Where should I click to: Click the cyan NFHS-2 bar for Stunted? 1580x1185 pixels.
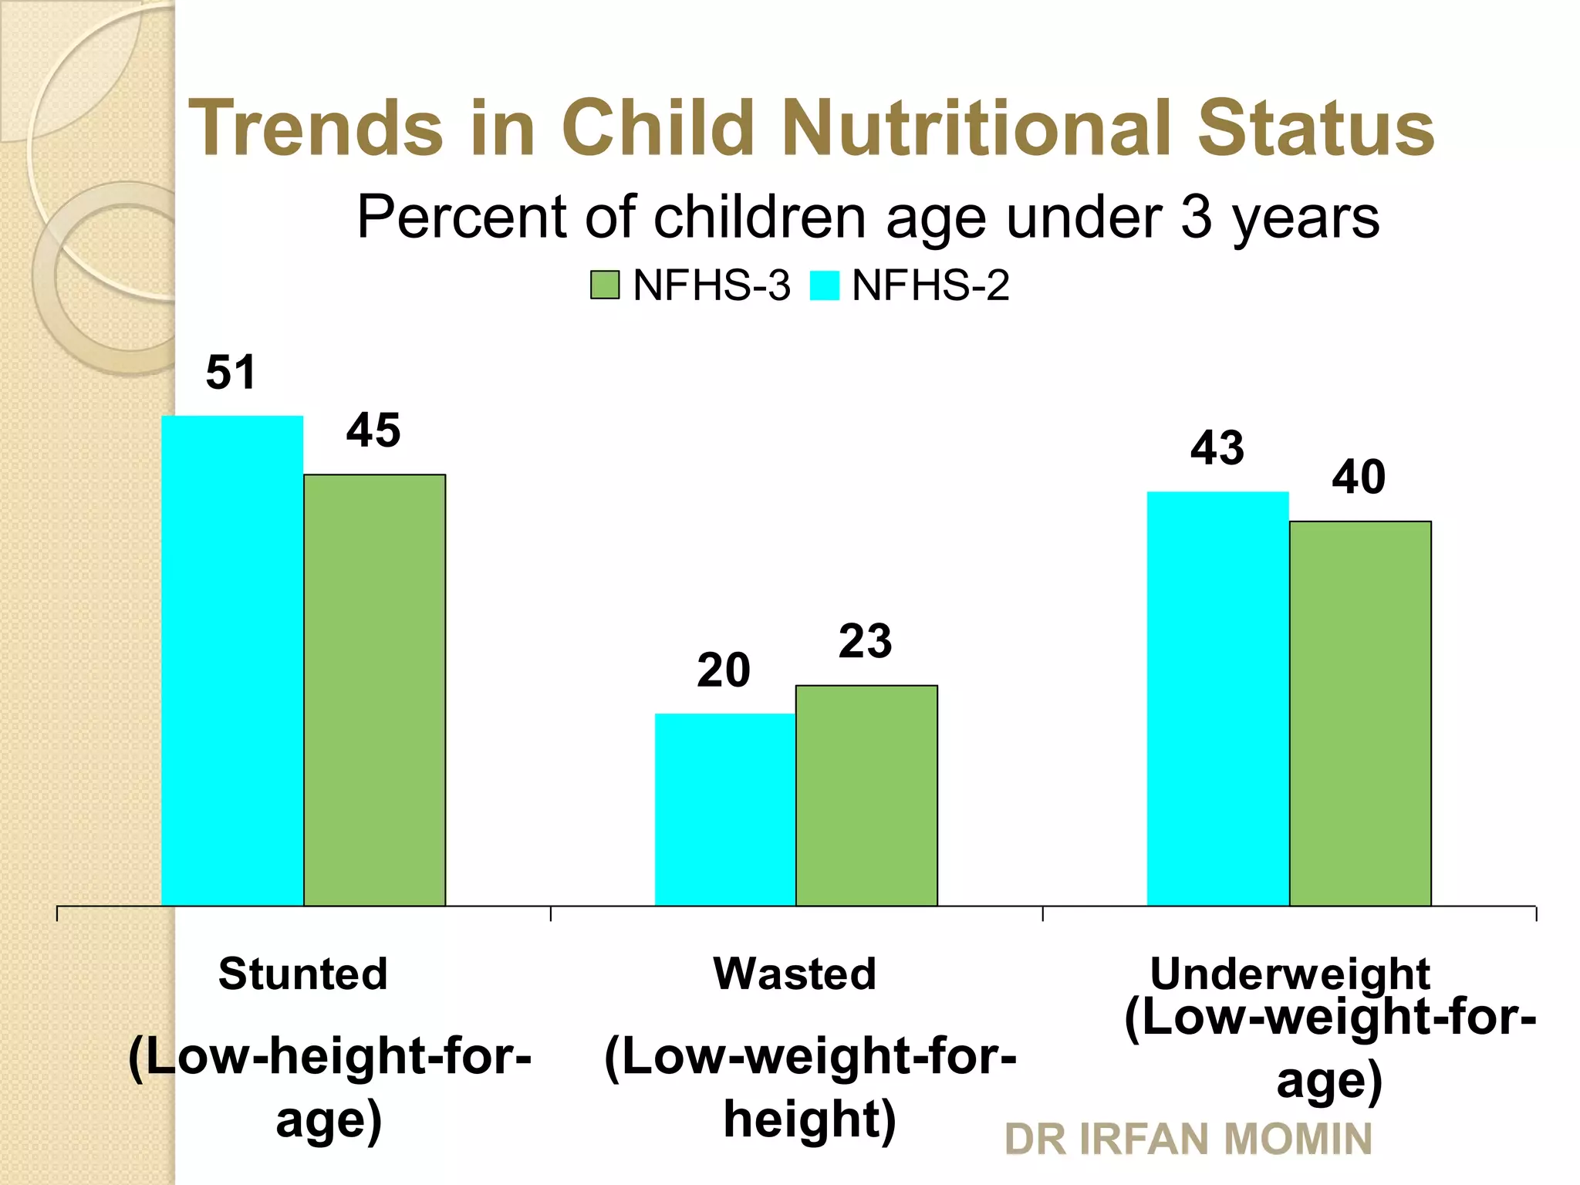click(232, 660)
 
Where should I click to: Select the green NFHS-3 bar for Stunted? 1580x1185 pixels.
click(374, 690)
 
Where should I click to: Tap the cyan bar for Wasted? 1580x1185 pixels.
click(725, 809)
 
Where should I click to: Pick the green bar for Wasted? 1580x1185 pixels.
click(866, 795)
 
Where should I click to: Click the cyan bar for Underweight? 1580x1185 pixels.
click(1217, 698)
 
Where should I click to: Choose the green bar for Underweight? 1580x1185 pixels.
click(1359, 713)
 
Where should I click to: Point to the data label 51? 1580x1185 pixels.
click(231, 373)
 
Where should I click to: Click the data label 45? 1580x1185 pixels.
click(373, 430)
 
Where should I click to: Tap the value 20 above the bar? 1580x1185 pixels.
click(723, 670)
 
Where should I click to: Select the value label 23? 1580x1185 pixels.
click(866, 641)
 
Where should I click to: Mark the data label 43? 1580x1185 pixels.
click(1217, 448)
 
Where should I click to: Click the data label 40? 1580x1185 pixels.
click(1359, 478)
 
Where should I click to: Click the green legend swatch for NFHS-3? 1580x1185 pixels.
click(605, 285)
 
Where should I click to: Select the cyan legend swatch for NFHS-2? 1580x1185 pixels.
click(824, 285)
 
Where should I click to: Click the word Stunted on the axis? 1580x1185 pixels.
click(302, 974)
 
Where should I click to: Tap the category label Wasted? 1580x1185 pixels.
click(795, 974)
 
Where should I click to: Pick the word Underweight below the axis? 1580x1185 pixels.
click(1289, 974)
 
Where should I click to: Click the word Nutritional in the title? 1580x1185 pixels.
click(981, 128)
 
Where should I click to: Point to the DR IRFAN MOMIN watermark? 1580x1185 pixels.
click(1188, 1139)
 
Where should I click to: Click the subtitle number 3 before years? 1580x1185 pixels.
click(1196, 217)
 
